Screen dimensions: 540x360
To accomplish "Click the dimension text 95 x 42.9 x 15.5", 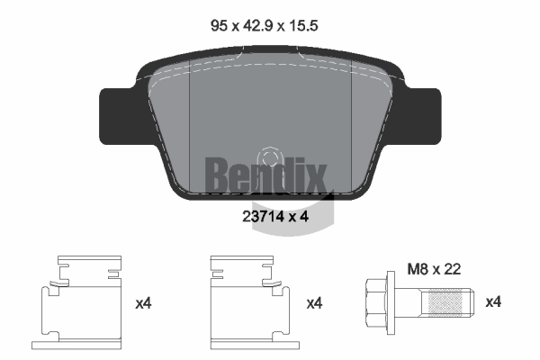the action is [264, 26].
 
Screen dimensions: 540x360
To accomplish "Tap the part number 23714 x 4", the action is [275, 217].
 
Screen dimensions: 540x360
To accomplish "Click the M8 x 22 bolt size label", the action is [434, 269].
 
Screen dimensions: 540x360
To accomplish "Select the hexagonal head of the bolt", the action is [376, 302].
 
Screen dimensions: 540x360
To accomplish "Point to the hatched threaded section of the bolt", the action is [445, 302].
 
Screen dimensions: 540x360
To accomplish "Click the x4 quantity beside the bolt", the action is [493, 302].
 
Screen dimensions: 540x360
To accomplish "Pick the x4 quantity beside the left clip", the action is [143, 303].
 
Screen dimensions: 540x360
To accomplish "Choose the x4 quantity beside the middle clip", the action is [314, 303].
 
